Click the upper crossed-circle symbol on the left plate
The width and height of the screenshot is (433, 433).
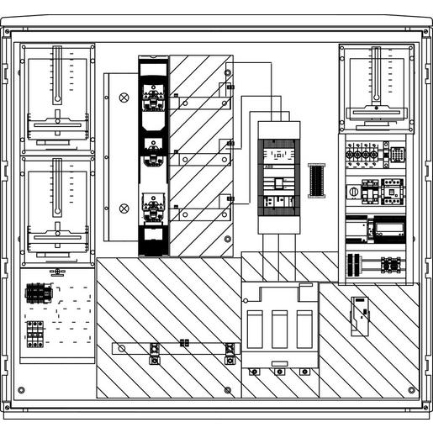[x=124, y=98]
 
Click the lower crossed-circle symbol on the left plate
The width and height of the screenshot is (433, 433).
[x=124, y=207]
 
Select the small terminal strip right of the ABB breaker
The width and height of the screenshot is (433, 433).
[x=316, y=180]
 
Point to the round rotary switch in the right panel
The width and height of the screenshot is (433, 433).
[x=353, y=191]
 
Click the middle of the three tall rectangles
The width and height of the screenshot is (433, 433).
[x=279, y=335]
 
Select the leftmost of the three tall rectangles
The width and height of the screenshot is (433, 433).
[x=256, y=335]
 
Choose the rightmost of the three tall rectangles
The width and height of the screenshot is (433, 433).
[x=304, y=335]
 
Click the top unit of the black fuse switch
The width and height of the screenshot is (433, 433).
[x=153, y=97]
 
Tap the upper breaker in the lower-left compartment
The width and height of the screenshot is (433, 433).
[x=35, y=292]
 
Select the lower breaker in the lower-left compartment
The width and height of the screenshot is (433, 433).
[x=35, y=333]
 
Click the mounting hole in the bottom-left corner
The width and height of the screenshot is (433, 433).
[x=22, y=390]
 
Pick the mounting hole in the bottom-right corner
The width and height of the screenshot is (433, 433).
[x=411, y=390]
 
